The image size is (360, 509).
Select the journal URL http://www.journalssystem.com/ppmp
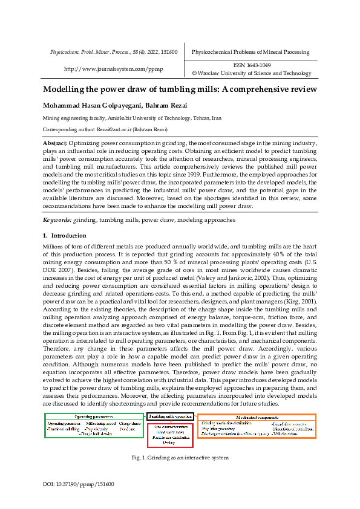(113, 69)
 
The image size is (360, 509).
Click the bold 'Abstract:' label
(55, 143)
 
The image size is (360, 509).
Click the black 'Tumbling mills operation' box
(171, 417)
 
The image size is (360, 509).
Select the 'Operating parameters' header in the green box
(94, 417)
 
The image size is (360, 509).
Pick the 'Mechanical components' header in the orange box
(257, 417)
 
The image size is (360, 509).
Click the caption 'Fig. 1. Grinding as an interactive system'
(180, 458)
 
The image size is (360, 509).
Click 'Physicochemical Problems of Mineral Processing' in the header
(250, 52)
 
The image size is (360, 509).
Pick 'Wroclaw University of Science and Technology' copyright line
(254, 73)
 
